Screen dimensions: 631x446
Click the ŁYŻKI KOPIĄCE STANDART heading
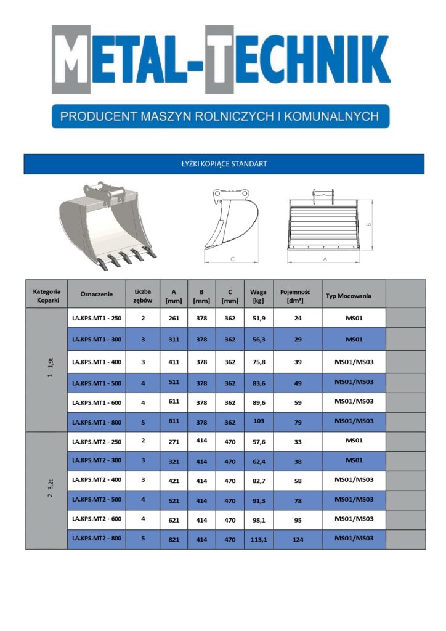point(224,164)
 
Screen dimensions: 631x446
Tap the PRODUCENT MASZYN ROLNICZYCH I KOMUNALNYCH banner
point(220,115)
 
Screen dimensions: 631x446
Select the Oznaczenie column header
point(97,294)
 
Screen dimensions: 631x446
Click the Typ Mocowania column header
point(349,296)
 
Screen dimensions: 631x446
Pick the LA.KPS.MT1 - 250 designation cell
point(97,318)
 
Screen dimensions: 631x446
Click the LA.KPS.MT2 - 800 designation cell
point(97,539)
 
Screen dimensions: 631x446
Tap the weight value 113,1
point(259,539)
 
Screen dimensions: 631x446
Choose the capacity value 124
point(298,539)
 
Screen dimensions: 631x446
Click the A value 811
point(174,423)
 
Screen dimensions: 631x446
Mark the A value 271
point(174,441)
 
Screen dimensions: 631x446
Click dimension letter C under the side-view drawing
point(233,260)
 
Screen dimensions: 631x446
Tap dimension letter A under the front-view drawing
point(325,259)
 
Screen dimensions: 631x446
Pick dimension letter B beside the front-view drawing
point(368,224)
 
